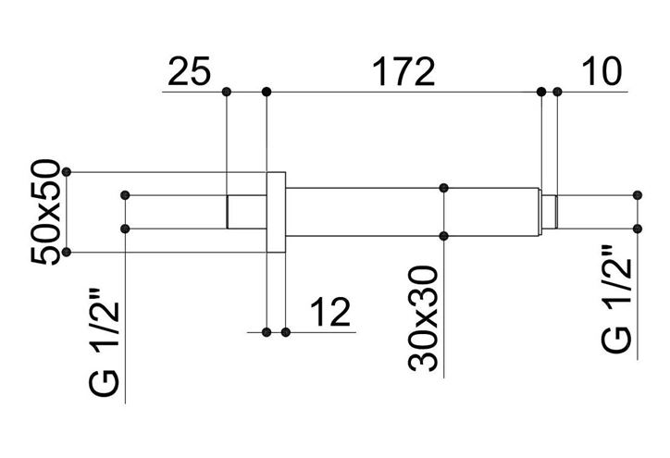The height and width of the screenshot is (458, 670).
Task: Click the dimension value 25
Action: [x=190, y=71]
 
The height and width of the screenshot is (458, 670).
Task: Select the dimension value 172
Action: [x=403, y=71]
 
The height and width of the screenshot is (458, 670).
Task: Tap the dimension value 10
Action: [x=602, y=71]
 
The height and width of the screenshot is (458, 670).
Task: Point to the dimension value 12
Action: [x=330, y=313]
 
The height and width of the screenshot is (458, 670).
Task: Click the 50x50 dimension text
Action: [x=44, y=212]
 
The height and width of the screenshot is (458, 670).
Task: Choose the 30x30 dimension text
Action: [x=423, y=318]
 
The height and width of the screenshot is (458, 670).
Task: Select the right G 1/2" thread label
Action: [x=616, y=299]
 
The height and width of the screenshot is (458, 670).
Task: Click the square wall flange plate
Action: [x=277, y=212]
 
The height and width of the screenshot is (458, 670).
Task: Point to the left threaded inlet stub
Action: [x=246, y=212]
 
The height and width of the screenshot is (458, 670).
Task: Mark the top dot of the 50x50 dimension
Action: [x=67, y=172]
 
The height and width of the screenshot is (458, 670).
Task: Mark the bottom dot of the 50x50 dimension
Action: [x=67, y=253]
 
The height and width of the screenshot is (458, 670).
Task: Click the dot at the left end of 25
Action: [x=227, y=92]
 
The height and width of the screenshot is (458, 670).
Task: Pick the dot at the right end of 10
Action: [x=557, y=92]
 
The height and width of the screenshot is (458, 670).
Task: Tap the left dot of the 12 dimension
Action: [x=267, y=332]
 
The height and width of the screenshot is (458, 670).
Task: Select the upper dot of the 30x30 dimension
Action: [x=443, y=188]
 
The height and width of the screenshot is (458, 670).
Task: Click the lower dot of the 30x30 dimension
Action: [x=443, y=236]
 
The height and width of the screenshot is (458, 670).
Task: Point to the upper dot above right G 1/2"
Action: [x=638, y=195]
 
